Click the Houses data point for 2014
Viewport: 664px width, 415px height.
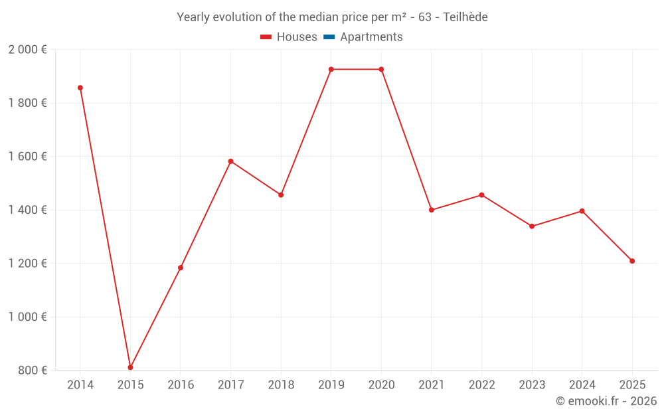(x=80, y=88)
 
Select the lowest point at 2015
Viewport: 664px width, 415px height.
(x=130, y=367)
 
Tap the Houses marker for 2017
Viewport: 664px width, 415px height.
(x=230, y=161)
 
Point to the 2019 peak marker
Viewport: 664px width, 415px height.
(x=331, y=69)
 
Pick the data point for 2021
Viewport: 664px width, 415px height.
(x=431, y=210)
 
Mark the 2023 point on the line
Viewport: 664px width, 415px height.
(x=532, y=226)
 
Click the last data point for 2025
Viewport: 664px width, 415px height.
(x=632, y=261)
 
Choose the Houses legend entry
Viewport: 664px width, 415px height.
(x=289, y=37)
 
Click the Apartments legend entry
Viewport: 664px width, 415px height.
(x=371, y=37)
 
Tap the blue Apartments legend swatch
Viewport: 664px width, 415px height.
(x=329, y=37)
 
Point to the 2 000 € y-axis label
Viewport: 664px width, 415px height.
(x=27, y=50)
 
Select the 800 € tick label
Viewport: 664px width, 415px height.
(x=32, y=371)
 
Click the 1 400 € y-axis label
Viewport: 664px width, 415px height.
(x=27, y=210)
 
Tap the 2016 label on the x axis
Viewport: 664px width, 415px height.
(x=181, y=385)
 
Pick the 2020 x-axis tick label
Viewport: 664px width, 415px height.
(x=381, y=385)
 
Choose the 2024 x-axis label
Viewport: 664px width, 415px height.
(x=582, y=385)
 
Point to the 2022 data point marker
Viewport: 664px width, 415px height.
(x=481, y=195)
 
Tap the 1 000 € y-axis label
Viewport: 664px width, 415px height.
(x=27, y=317)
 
